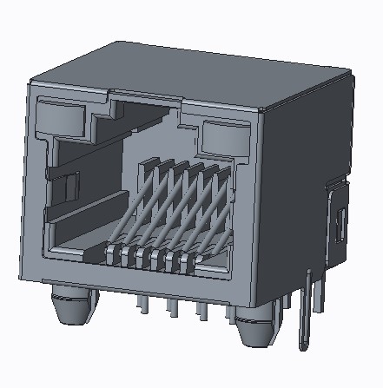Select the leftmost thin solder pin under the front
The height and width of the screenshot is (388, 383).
139,303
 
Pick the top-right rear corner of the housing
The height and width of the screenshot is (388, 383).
355,79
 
